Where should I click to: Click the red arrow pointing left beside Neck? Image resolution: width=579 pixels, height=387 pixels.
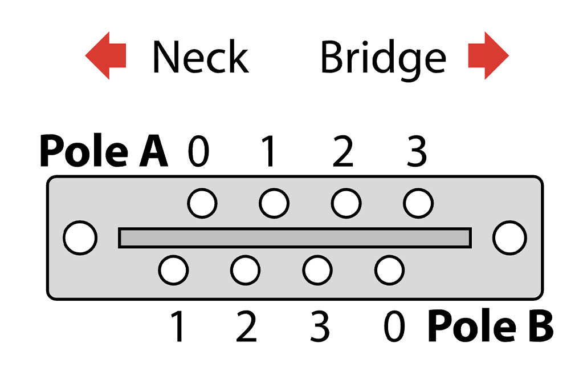[106, 55]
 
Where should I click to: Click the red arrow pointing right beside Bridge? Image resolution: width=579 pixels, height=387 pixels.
[487, 55]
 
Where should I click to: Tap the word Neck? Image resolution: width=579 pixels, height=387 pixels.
[200, 57]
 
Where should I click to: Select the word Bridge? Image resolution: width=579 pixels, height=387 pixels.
[383, 58]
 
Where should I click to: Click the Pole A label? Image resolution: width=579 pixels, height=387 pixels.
[104, 152]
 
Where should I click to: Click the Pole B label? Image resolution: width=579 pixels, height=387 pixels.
[490, 326]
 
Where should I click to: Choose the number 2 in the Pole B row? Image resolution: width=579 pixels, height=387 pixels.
[246, 328]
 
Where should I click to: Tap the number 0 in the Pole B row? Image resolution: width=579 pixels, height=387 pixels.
[393, 328]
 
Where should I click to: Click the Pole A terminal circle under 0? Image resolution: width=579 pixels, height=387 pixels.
[202, 203]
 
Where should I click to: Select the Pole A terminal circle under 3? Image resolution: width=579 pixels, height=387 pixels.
[418, 203]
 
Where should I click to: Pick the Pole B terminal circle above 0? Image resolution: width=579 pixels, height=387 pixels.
[390, 269]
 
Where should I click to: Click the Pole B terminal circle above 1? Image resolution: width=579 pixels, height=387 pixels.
[174, 269]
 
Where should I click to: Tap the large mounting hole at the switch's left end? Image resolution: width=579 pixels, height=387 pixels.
[80, 238]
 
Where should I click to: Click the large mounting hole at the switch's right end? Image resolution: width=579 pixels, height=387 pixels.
[509, 238]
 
